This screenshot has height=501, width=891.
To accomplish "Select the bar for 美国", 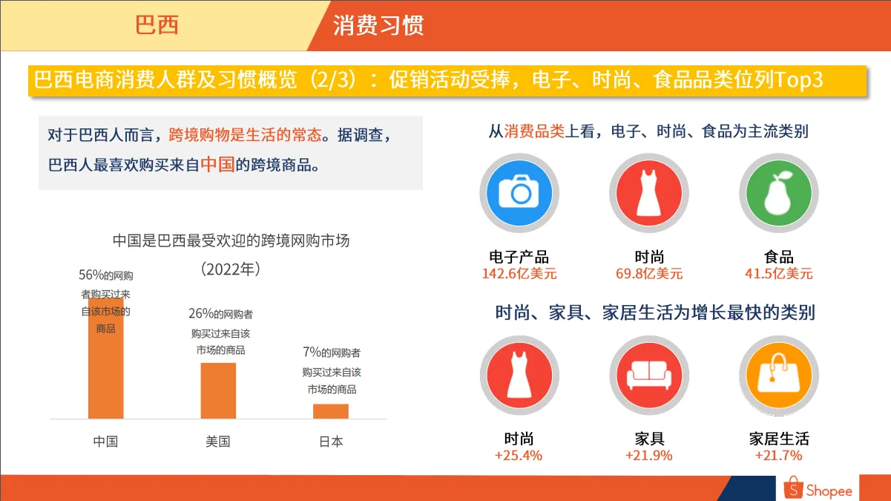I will [218, 390].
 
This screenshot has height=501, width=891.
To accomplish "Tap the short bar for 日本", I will [330, 411].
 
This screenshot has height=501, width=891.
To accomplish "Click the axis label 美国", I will [218, 442].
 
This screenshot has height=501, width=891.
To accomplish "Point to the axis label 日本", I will [331, 442].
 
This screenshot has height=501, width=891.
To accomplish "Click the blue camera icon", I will [519, 194].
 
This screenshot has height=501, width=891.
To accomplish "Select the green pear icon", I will [779, 194].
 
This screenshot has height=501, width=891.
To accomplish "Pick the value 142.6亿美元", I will [519, 274].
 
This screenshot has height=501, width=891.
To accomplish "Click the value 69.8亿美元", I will [649, 274].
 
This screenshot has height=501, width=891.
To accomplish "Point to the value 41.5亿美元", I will [779, 274].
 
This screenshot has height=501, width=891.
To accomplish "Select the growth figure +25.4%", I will [519, 456].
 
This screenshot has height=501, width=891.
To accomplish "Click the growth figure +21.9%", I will [649, 456].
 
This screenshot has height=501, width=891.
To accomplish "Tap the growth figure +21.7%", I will [779, 456].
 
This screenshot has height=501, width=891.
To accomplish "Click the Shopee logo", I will [819, 489].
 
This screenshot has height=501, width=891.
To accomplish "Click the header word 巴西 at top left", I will [157, 25].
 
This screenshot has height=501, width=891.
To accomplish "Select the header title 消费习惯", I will [378, 25].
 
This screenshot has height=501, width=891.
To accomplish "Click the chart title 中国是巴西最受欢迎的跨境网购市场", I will [231, 240].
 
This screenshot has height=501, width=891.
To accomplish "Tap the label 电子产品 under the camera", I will [519, 257].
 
